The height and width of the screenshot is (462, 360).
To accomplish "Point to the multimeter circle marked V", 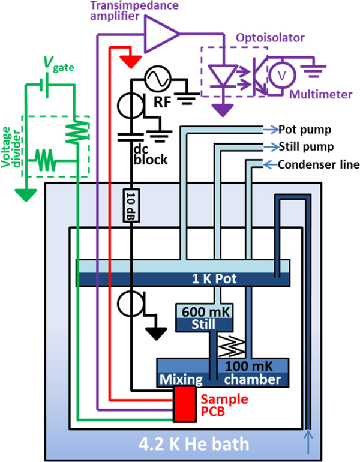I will click(279, 75).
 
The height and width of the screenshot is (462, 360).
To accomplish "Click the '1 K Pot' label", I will click(184, 280).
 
